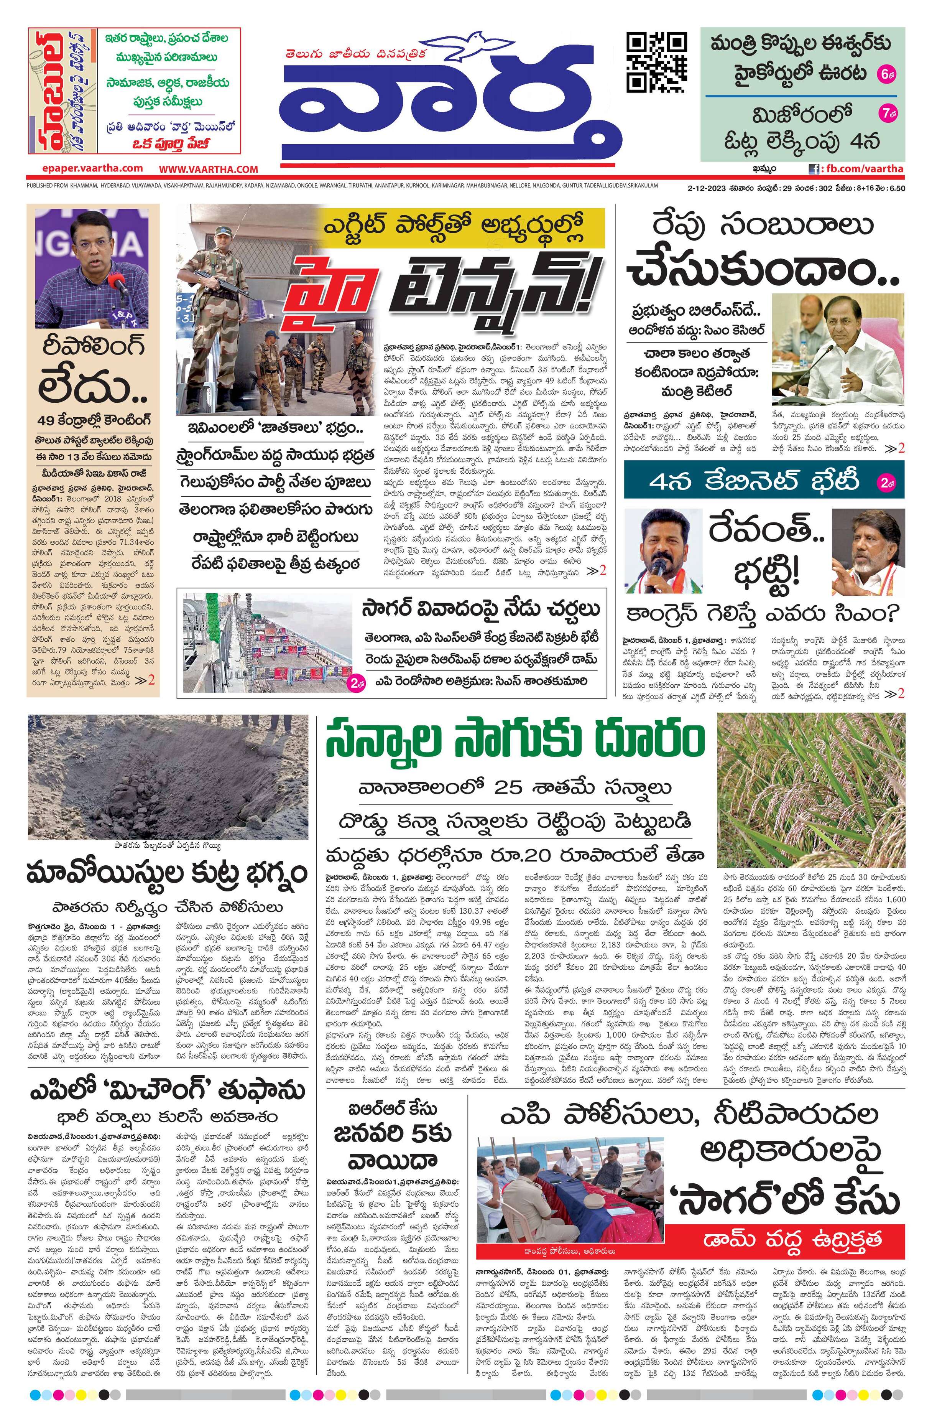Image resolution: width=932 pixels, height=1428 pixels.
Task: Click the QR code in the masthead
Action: tap(656, 63)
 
